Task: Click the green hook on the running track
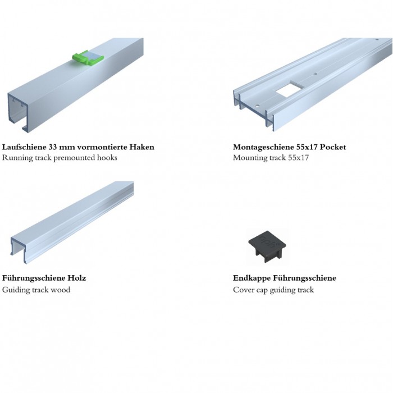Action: [88, 57]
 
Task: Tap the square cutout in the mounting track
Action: [290, 89]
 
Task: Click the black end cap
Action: [267, 246]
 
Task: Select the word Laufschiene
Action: [24, 147]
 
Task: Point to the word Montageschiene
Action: [262, 147]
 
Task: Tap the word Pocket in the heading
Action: [333, 147]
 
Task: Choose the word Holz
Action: [77, 278]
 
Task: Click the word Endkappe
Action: [252, 278]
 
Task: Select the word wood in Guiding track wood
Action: [61, 290]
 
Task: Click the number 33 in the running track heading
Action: [53, 147]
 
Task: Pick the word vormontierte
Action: [102, 147]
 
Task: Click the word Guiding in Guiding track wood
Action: [16, 290]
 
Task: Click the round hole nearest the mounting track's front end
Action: [257, 106]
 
